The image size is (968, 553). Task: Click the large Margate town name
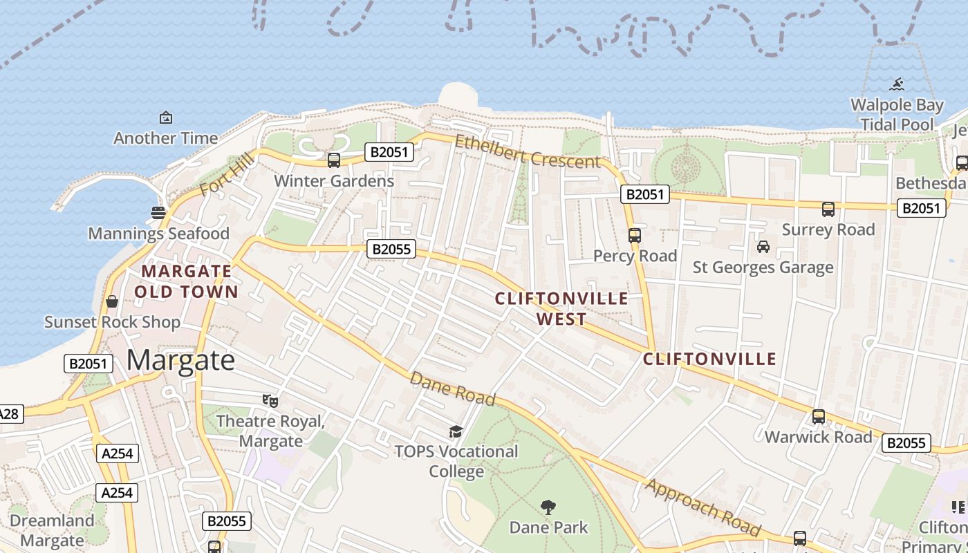pyautogui.click(x=181, y=360)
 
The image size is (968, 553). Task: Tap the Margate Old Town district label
pyautogui.click(x=187, y=281)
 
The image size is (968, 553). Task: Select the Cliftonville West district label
pyautogui.click(x=561, y=309)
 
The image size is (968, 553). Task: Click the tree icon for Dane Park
pyautogui.click(x=548, y=507)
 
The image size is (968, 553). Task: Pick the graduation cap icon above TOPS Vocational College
pyautogui.click(x=456, y=432)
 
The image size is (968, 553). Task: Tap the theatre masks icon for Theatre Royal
pyautogui.click(x=270, y=400)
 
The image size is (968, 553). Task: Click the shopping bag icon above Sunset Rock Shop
pyautogui.click(x=111, y=301)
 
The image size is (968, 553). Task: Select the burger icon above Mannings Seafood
pyautogui.click(x=158, y=212)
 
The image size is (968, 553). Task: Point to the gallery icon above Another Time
pyautogui.click(x=166, y=118)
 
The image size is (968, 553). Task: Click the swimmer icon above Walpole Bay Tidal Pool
pyautogui.click(x=897, y=84)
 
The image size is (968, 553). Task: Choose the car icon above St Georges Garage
pyautogui.click(x=763, y=247)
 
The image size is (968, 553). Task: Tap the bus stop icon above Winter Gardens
pyautogui.click(x=334, y=160)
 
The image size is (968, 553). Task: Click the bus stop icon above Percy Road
pyautogui.click(x=635, y=235)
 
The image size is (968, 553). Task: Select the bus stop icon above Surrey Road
pyautogui.click(x=828, y=209)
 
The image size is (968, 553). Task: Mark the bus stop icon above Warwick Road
pyautogui.click(x=819, y=417)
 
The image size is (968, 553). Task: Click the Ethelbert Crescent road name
pyautogui.click(x=527, y=151)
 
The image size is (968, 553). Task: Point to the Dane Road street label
pyautogui.click(x=452, y=388)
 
